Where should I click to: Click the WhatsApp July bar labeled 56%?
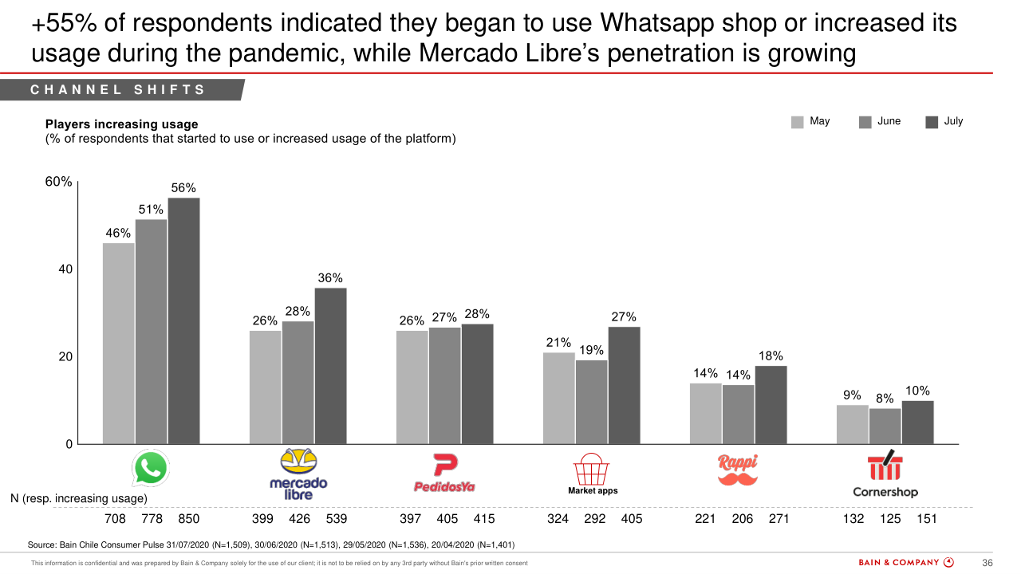tap(183, 320)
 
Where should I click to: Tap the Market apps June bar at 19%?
tap(591, 402)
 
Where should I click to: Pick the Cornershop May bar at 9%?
tap(852, 424)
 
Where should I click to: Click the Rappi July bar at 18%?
tap(771, 405)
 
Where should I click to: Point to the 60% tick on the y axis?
tap(58, 182)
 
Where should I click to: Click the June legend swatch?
tap(865, 122)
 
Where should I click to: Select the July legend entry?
tap(944, 122)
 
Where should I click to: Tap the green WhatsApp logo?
tap(151, 469)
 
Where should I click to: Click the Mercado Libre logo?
tap(298, 474)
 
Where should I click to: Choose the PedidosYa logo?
tap(444, 473)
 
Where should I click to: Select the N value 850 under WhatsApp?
tap(188, 519)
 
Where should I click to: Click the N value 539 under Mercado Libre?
tap(337, 519)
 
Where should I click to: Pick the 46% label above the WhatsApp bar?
tap(118, 234)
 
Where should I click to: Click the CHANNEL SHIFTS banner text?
tap(118, 90)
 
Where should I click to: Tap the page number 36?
tap(987, 563)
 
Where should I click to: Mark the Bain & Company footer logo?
tap(905, 563)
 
